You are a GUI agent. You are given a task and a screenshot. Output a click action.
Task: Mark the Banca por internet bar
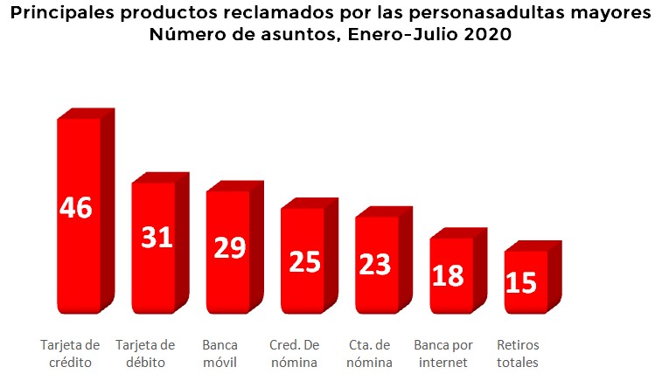pos(450,301)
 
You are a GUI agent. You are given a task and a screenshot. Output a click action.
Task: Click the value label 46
pos(76,208)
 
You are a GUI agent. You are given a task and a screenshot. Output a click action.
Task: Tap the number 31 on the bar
pos(156,237)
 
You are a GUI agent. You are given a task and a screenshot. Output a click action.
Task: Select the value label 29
pos(230,247)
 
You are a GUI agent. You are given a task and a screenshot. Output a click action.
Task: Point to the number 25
pos(304,260)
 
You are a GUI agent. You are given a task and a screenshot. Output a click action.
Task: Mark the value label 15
pos(522,283)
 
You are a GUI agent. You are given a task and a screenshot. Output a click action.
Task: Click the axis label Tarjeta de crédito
pos(70,353)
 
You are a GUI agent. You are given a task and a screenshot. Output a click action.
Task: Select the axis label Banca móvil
pos(219,353)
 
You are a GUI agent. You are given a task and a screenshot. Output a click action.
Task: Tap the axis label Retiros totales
pos(517,353)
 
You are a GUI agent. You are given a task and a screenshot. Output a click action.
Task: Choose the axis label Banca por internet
pos(443,353)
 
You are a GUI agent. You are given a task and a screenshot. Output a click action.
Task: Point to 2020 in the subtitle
pos(486,36)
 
